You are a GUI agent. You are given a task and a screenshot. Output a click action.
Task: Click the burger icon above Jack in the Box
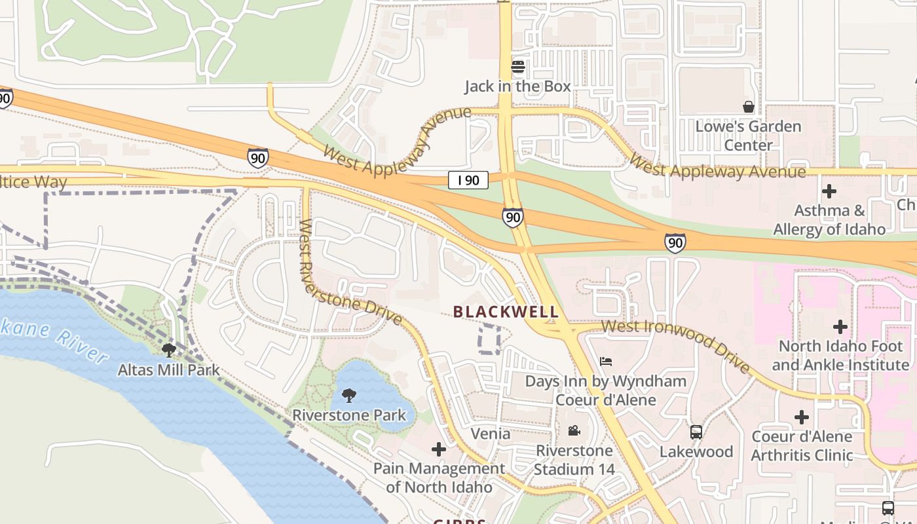coord(518,67)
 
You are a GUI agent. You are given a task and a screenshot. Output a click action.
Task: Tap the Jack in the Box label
coord(517,86)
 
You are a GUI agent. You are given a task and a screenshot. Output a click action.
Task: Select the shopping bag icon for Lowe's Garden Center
coord(748,107)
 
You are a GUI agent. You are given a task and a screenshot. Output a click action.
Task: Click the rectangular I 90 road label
coord(468,180)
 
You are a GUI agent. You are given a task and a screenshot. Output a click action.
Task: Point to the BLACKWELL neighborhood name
coord(506,312)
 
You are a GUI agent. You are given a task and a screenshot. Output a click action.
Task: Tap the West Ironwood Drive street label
coord(676,345)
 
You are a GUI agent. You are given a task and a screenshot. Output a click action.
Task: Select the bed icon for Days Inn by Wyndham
coord(606,362)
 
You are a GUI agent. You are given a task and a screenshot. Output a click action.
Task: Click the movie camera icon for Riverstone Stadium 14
coord(574,431)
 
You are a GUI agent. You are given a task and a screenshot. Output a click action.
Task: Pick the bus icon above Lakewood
coord(696,432)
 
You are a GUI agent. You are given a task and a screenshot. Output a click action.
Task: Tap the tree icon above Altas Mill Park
coord(168,350)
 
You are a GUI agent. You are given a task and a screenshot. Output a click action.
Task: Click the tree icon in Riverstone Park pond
coord(349,396)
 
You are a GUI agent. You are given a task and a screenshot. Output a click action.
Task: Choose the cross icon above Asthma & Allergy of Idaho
coord(829,191)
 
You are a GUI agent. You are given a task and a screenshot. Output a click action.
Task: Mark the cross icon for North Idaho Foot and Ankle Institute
coord(840,326)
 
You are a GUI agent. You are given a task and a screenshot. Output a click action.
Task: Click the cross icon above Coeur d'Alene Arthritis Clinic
coord(802,417)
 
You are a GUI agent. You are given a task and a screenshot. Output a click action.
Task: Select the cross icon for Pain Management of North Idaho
coord(439,449)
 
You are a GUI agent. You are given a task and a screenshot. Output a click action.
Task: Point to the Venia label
coord(491,434)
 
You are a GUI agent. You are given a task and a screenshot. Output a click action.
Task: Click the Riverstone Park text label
coord(349,415)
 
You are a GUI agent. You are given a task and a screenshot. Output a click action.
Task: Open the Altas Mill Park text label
coord(168,370)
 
